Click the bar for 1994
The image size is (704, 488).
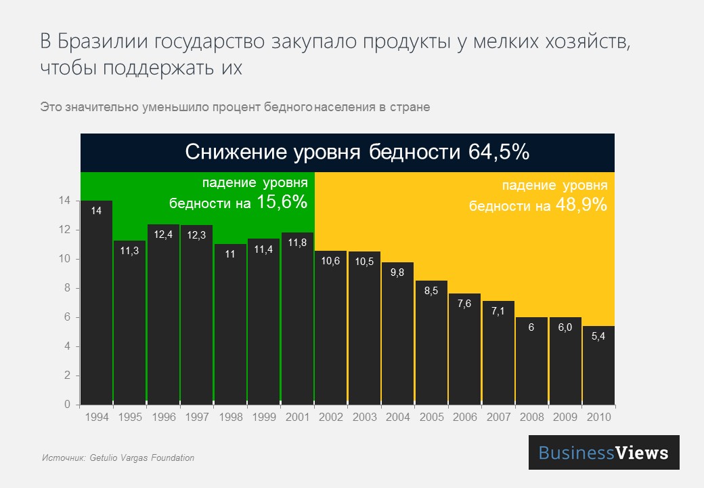click(x=97, y=305)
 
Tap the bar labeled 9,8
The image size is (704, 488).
click(x=397, y=335)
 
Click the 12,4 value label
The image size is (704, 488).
click(x=163, y=235)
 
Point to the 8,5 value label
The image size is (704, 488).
click(x=431, y=291)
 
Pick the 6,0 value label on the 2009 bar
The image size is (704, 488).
click(x=565, y=327)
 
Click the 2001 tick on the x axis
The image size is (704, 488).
click(x=297, y=418)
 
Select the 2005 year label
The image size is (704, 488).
click(x=431, y=418)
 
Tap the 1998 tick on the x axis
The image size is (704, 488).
click(x=230, y=418)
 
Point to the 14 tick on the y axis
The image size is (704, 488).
click(x=65, y=201)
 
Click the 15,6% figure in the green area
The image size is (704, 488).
click(x=282, y=202)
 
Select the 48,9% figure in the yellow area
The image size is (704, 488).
click(x=581, y=205)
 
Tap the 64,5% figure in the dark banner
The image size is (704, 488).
click(x=498, y=152)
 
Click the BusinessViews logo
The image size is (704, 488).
click(x=603, y=453)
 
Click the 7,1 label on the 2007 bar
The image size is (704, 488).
click(x=498, y=311)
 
